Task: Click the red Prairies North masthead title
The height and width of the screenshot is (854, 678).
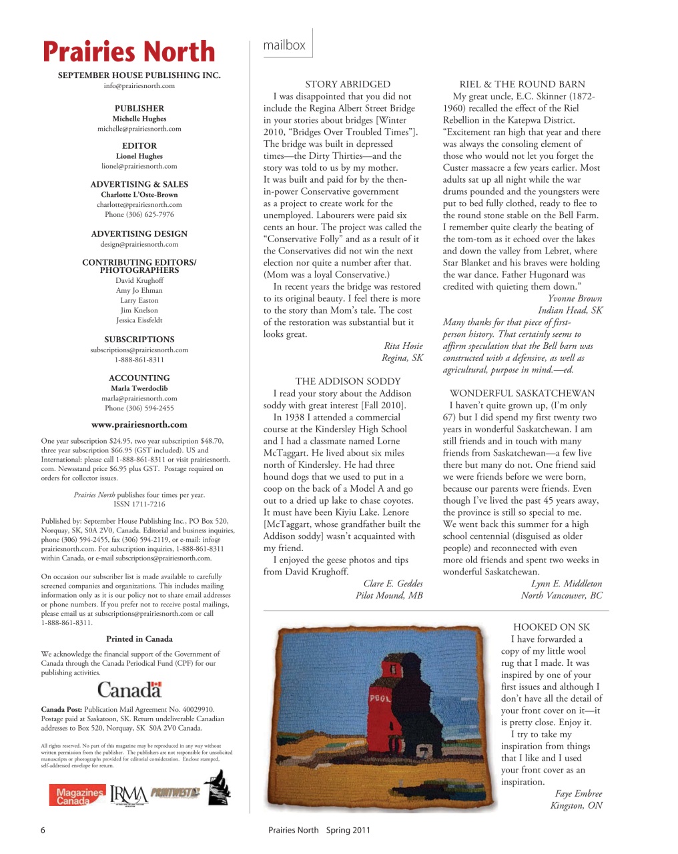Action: tap(129, 52)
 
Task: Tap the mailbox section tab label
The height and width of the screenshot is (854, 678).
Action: tap(284, 45)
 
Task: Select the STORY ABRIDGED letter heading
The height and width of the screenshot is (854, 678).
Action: tap(348, 84)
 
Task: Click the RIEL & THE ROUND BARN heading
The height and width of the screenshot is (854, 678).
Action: tap(522, 84)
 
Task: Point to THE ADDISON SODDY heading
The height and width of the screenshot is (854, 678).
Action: tap(348, 382)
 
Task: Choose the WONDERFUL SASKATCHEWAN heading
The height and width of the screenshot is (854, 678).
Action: tap(522, 394)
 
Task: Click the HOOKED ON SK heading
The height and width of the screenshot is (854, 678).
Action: tap(551, 627)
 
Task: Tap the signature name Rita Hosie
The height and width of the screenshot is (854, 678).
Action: tap(403, 346)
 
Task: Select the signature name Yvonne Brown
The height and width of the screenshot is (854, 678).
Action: tap(575, 298)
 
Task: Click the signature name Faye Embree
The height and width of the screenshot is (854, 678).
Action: tap(578, 793)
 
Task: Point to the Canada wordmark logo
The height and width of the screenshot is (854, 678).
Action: tap(129, 690)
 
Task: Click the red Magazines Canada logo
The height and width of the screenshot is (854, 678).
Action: tap(77, 795)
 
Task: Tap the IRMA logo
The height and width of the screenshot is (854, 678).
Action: tap(129, 795)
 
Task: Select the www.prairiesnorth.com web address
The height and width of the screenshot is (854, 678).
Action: tap(139, 424)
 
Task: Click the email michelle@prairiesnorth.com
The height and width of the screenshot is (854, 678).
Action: tap(139, 129)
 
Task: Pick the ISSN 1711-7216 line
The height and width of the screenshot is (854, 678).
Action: tap(139, 504)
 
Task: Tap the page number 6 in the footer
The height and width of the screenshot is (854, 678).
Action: tap(43, 830)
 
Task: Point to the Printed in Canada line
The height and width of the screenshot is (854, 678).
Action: tap(139, 638)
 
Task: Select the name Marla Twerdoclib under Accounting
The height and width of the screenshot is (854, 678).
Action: tap(139, 388)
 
